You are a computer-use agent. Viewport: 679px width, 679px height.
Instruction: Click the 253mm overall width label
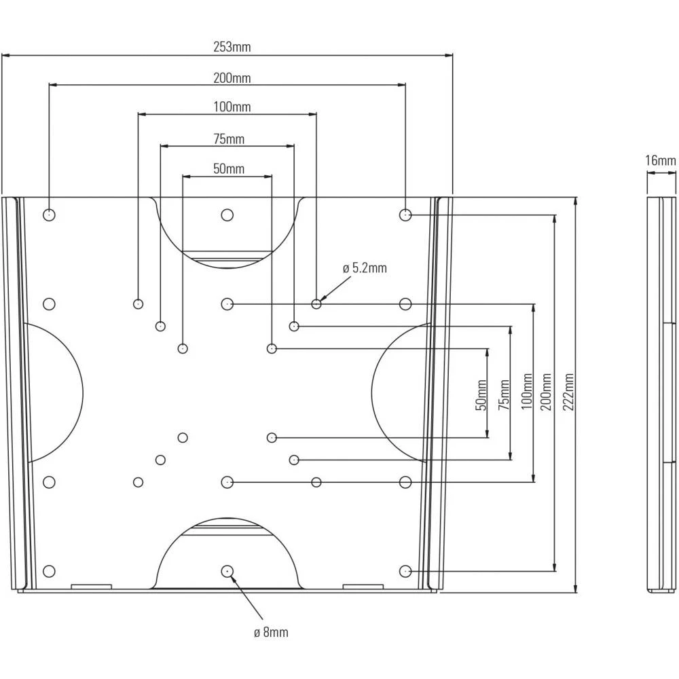coord(232,48)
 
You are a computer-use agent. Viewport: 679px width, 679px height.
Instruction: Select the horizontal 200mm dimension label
coord(232,78)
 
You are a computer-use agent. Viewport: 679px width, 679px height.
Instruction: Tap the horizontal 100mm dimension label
coord(232,107)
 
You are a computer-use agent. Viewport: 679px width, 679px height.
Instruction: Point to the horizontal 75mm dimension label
coord(229,139)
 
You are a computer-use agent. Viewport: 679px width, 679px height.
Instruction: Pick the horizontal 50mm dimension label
coord(229,169)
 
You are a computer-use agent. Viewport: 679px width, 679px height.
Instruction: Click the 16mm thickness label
coord(660,161)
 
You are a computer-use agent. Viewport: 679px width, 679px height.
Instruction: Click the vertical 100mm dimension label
coord(526,392)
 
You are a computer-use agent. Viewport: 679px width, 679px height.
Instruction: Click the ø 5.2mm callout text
coord(365,268)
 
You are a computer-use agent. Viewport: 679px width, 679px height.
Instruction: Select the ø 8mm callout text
coord(271,633)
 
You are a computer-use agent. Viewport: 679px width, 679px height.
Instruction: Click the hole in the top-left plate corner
coord(49,215)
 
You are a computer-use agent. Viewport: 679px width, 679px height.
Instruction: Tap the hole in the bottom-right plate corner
coord(405,570)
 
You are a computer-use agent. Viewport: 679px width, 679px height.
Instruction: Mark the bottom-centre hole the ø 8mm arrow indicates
coord(227,570)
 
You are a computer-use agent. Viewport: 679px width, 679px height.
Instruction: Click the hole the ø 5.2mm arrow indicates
coord(316,304)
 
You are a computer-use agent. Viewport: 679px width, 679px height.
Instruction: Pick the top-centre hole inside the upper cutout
coord(227,215)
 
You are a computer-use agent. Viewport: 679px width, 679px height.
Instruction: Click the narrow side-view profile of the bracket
coord(660,394)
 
